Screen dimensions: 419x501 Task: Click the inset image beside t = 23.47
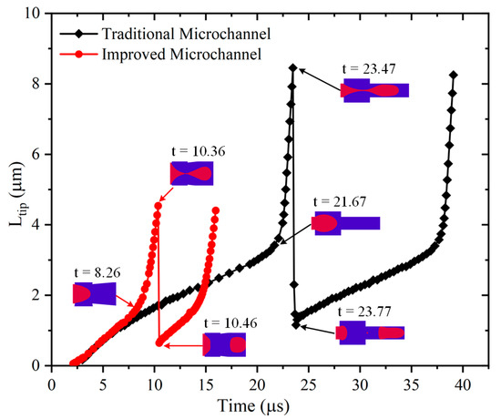click(374, 89)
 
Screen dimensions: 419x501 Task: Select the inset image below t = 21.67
click(346, 224)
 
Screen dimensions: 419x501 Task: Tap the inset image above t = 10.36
click(191, 173)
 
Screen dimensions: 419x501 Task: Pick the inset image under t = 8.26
click(95, 293)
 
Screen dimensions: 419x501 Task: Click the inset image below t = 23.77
click(371, 332)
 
